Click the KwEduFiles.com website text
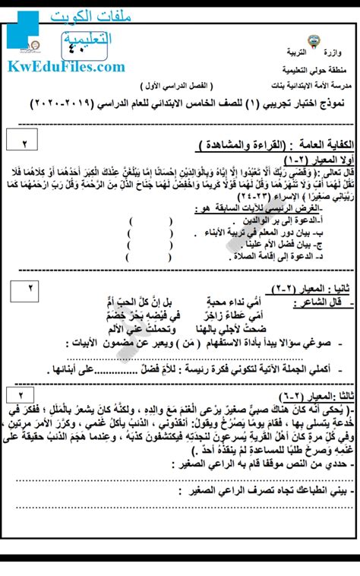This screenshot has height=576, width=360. click(x=66, y=67)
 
